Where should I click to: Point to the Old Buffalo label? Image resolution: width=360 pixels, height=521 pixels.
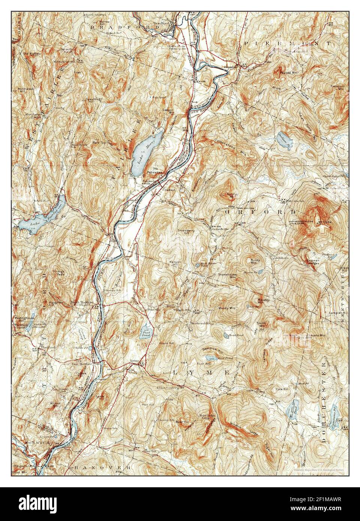[x=31, y=54]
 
